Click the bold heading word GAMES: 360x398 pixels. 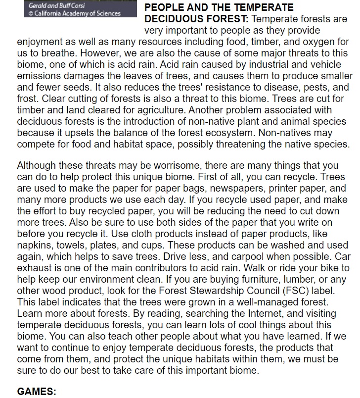pos(37,392)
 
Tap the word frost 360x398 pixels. pos(28,99)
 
